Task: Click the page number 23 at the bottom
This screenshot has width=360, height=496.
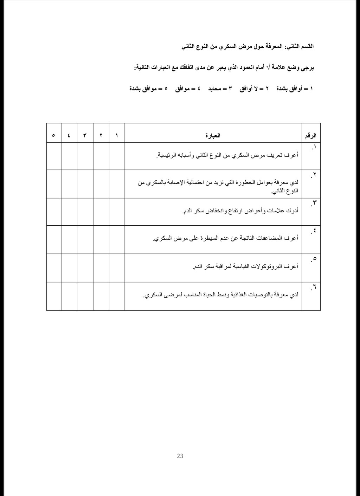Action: pyautogui.click(x=180, y=456)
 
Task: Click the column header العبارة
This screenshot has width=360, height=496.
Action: pyautogui.click(x=213, y=135)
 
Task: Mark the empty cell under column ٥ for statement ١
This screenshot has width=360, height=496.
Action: pyautogui.click(x=53, y=156)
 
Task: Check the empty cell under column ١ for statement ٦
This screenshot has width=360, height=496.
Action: pyautogui.click(x=117, y=296)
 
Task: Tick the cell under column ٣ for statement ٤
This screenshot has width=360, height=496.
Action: pyautogui.click(x=85, y=239)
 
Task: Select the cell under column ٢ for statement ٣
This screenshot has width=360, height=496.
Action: pyautogui.click(x=101, y=212)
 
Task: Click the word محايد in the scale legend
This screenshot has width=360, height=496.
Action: pyautogui.click(x=214, y=89)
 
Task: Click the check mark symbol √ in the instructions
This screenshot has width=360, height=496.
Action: pyautogui.click(x=269, y=67)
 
